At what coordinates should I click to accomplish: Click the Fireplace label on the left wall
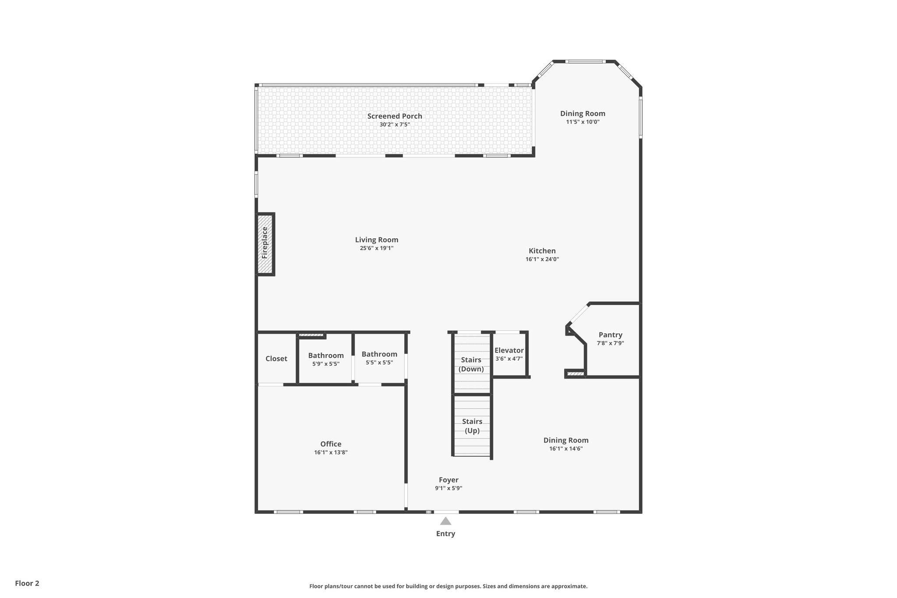tap(265, 243)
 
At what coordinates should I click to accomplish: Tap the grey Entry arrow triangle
tap(445, 521)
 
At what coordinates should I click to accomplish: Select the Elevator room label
tap(509, 350)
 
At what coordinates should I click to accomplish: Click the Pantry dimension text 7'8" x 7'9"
tap(610, 343)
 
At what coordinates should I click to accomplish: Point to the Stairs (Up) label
tap(472, 426)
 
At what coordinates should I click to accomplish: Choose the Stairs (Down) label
tap(471, 364)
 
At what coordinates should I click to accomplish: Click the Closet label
tap(276, 358)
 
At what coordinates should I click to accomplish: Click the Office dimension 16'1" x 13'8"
tap(331, 453)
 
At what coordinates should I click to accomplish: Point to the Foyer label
tap(448, 480)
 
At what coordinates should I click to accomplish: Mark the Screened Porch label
tap(395, 116)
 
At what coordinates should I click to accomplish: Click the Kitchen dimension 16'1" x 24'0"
tap(542, 259)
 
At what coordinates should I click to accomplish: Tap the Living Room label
tap(377, 240)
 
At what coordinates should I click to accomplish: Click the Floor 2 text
tap(27, 583)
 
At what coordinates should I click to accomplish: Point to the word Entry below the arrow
tap(445, 534)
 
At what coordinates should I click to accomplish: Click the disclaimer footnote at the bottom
tap(448, 586)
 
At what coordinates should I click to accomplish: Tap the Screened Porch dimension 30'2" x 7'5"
tap(395, 124)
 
